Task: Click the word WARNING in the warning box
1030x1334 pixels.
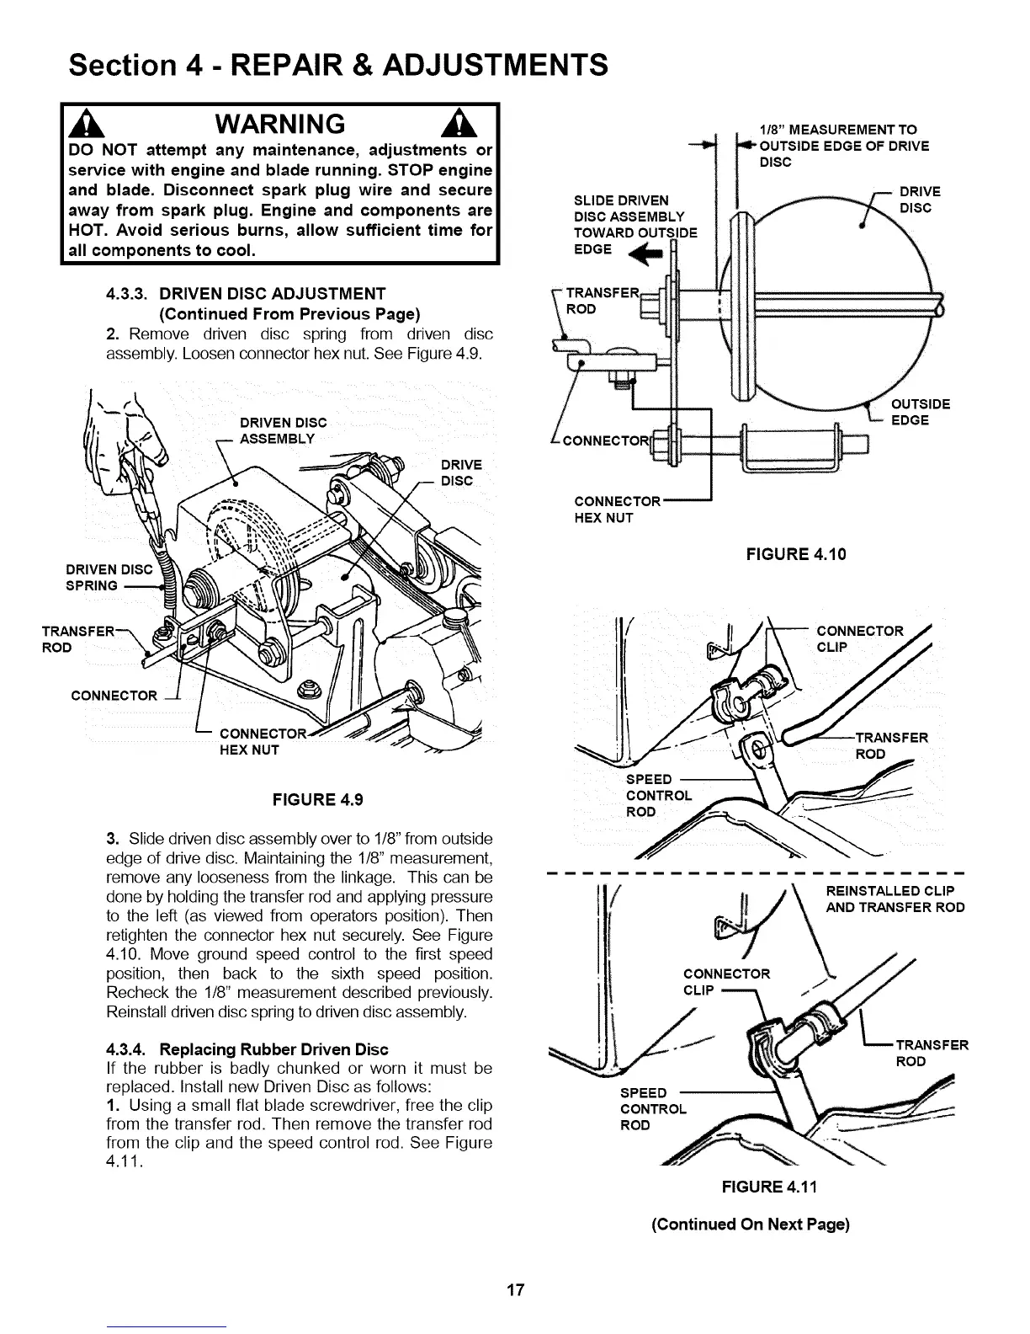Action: pos(280,124)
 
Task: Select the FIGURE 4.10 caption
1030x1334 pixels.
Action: pos(796,554)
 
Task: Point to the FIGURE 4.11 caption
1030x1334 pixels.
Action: pos(769,1187)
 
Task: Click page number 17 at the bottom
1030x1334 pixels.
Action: pos(515,1289)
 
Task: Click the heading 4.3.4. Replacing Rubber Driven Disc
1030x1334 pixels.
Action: pos(247,1049)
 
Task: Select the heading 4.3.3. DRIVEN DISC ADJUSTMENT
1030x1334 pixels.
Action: pos(246,294)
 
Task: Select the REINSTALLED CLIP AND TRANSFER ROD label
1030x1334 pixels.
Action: pos(895,899)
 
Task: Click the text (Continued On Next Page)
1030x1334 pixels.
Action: pos(750,1224)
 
